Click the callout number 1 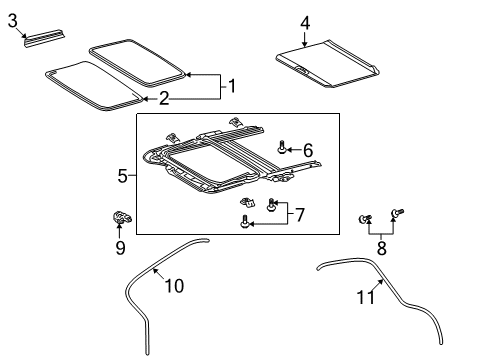click(232, 86)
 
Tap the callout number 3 click(13, 19)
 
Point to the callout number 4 click(305, 22)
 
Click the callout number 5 click(122, 176)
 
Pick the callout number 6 click(308, 150)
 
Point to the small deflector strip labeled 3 click(47, 37)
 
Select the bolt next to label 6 click(283, 148)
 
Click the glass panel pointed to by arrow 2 click(92, 80)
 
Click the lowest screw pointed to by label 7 click(245, 223)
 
